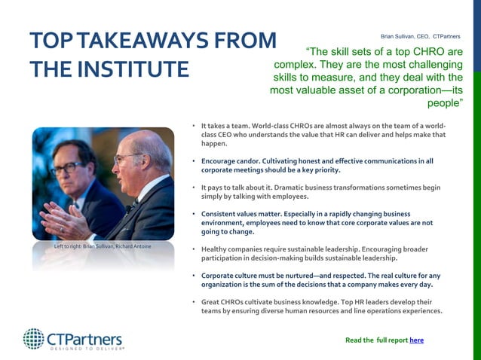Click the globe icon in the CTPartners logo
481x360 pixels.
pyautogui.click(x=33, y=338)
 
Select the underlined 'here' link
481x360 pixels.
pyautogui.click(x=416, y=340)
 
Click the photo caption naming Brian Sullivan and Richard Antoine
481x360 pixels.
pyautogui.click(x=103, y=247)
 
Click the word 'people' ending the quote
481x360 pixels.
pyautogui.click(x=445, y=103)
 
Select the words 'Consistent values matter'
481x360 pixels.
pyautogui.click(x=243, y=214)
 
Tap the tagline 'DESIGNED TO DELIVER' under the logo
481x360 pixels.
pyautogui.click(x=87, y=349)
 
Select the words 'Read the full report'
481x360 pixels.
pyautogui.click(x=376, y=340)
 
